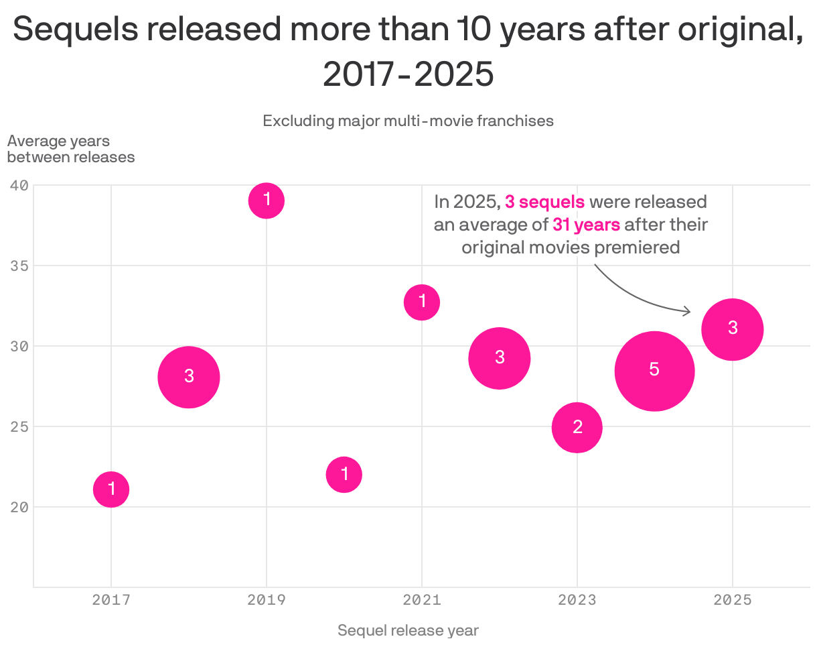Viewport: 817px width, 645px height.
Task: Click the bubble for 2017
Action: tap(111, 489)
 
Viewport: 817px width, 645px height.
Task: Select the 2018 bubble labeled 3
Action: tap(189, 377)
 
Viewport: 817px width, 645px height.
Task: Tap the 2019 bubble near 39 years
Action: tap(267, 200)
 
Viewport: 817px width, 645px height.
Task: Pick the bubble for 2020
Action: tap(344, 475)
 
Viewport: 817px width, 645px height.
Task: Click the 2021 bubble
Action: tap(422, 302)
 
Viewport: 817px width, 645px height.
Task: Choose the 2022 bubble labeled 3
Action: tap(500, 358)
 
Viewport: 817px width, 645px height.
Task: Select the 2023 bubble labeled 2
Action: tap(577, 427)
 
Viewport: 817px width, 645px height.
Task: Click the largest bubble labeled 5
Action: tap(654, 371)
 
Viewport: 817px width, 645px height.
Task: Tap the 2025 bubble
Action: tap(733, 329)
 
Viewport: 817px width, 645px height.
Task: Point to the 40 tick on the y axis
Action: tap(19, 185)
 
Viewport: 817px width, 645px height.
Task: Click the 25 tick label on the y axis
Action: tap(19, 426)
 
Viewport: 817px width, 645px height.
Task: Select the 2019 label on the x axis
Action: tap(267, 600)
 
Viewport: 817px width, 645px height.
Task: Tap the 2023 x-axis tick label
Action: tap(577, 600)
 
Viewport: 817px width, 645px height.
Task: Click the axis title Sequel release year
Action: tap(408, 630)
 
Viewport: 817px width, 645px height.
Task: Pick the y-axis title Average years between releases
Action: tap(70, 149)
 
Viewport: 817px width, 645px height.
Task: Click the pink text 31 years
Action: tap(586, 225)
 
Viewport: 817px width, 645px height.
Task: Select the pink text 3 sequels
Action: tap(544, 202)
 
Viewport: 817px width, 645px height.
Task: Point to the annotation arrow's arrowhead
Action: tap(687, 311)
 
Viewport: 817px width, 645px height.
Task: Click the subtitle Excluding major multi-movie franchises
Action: tap(408, 121)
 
